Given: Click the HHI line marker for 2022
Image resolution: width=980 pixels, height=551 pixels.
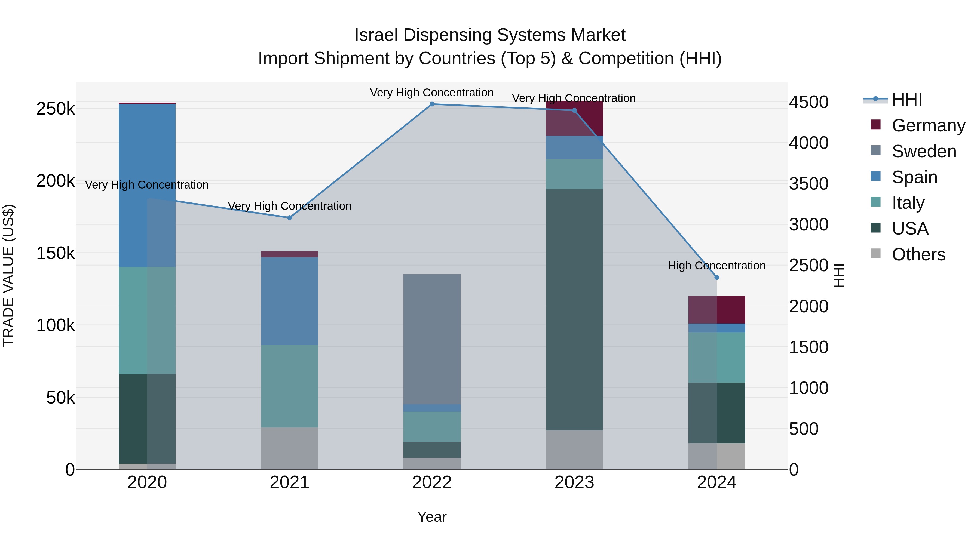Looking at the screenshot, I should [x=432, y=104].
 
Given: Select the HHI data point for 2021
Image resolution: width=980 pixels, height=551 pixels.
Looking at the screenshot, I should [x=290, y=218].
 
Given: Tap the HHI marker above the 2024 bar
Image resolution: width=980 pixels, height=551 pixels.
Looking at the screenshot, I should [x=717, y=278].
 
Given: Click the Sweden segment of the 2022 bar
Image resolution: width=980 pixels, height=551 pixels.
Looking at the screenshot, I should [x=432, y=338].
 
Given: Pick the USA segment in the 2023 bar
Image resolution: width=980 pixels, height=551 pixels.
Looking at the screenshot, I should [x=574, y=310].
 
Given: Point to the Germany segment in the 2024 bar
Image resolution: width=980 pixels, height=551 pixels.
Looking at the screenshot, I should [x=717, y=310].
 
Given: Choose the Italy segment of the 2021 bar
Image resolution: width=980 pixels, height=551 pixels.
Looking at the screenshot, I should [x=290, y=386].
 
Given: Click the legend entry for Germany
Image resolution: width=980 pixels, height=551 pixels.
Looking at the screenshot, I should [x=928, y=125].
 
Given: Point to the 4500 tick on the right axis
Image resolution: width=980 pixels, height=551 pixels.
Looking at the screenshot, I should [x=808, y=102].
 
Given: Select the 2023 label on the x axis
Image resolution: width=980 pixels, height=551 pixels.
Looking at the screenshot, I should [x=574, y=482].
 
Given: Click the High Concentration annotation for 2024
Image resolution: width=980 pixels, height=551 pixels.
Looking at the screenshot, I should [x=717, y=265].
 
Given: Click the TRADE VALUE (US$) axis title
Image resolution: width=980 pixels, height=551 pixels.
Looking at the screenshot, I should [x=8, y=275].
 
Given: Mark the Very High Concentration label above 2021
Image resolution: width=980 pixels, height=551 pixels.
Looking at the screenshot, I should [x=290, y=206].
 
